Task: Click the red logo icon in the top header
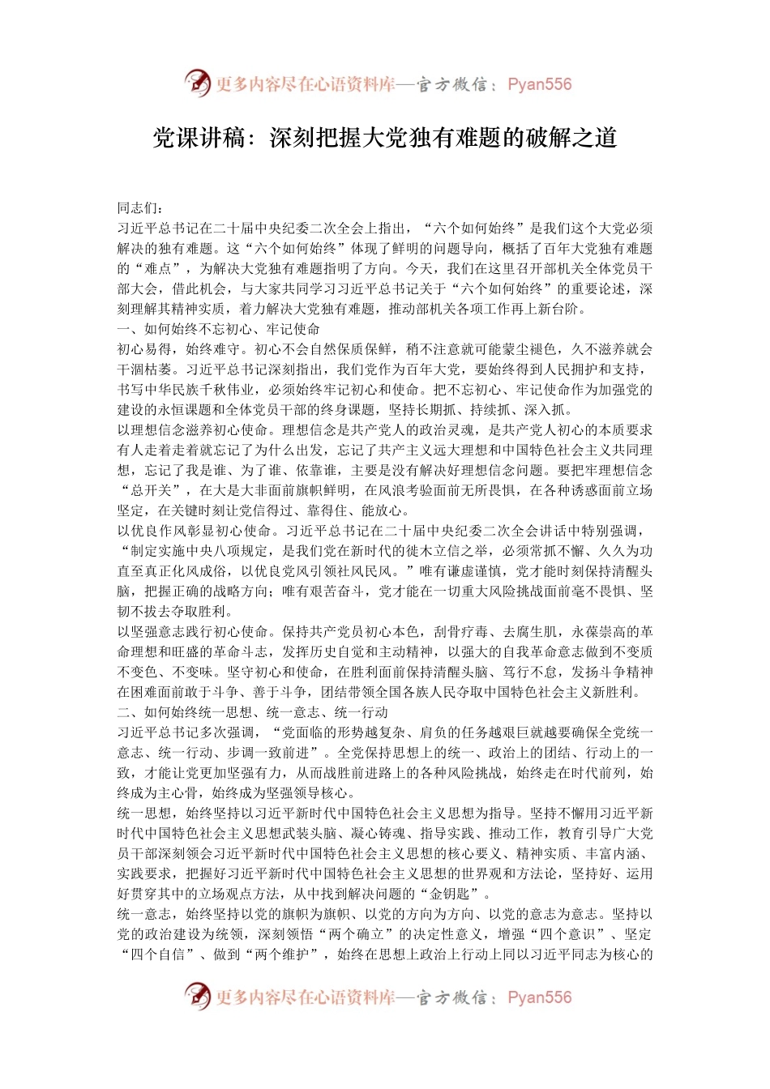click(x=197, y=83)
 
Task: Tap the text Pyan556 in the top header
click(x=539, y=84)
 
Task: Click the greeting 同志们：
click(x=140, y=208)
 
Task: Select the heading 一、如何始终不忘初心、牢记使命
click(x=219, y=329)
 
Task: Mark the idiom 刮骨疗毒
click(x=461, y=632)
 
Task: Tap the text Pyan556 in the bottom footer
click(x=539, y=997)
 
